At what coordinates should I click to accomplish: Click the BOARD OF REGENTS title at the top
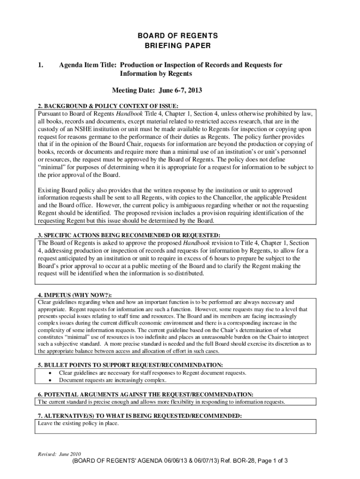(180, 36)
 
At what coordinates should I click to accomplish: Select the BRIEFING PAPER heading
(180, 46)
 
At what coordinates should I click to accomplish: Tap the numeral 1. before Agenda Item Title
(41, 65)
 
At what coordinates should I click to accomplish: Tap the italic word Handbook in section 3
(196, 243)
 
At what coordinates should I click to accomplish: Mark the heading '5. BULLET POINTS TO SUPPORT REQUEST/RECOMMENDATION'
(130, 365)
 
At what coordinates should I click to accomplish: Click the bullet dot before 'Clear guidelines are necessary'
(50, 373)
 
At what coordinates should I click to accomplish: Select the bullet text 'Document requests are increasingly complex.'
(112, 380)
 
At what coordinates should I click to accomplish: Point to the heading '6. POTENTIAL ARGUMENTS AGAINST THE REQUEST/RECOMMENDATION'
(145, 394)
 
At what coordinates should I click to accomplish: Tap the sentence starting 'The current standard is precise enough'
(161, 402)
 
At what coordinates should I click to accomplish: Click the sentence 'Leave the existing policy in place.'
(78, 424)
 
